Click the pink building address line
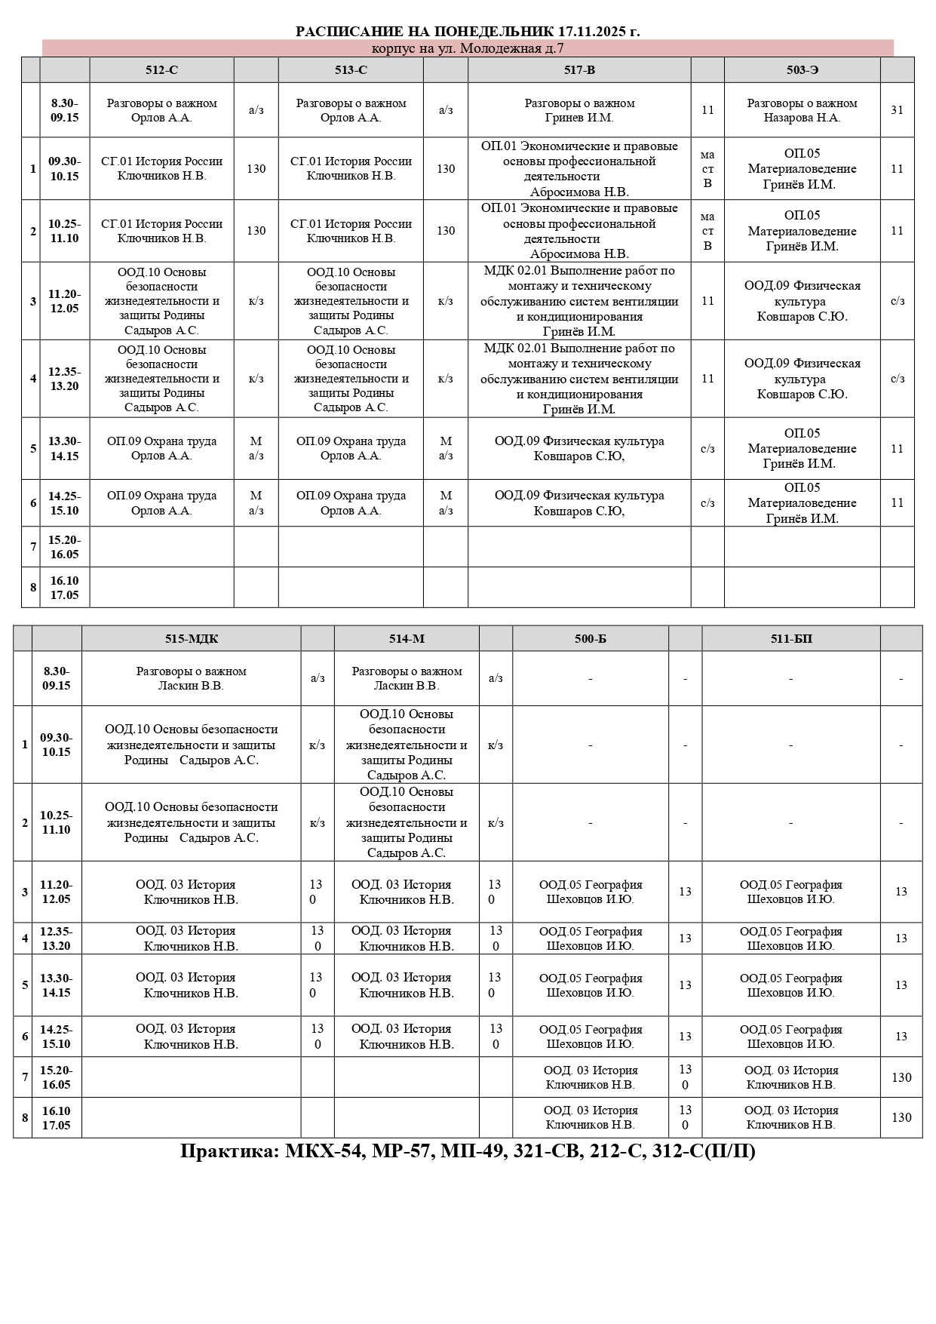point(468,48)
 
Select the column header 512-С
point(161,70)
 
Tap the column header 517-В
point(579,70)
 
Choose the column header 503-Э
point(802,70)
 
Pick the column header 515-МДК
point(192,639)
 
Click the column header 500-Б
point(590,639)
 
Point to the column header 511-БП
point(791,639)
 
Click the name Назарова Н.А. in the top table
point(802,118)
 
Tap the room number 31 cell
point(897,110)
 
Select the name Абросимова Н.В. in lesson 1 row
point(579,192)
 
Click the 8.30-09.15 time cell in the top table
point(65,110)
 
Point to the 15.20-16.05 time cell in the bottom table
point(57,1077)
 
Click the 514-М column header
point(407,639)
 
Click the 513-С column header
point(351,70)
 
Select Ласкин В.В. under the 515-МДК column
point(191,686)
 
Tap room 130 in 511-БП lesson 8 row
point(901,1117)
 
